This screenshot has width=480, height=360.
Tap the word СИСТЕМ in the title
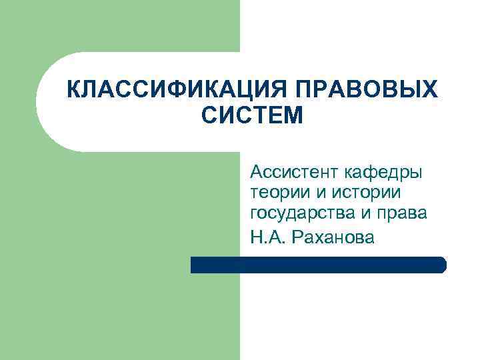tap(251, 117)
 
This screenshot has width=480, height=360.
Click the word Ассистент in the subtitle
tap(294, 173)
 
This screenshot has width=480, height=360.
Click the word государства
tap(302, 214)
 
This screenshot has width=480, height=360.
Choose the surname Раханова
tap(333, 235)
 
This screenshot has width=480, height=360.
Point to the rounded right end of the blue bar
tap(442, 265)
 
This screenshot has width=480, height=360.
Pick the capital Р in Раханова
tap(295, 235)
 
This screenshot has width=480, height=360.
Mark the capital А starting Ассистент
tap(256, 173)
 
